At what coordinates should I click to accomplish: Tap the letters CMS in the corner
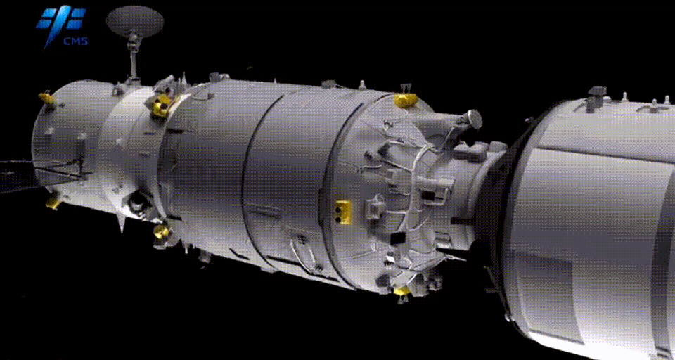coord(76,41)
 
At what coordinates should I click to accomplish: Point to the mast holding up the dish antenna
coord(134,58)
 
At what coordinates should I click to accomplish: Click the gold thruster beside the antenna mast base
coord(162,105)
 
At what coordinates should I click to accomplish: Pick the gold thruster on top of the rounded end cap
coord(48,99)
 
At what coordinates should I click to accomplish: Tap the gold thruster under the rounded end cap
coord(53,202)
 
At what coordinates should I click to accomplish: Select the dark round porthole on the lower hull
coord(138,200)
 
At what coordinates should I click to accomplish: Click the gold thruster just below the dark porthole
coord(162,231)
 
